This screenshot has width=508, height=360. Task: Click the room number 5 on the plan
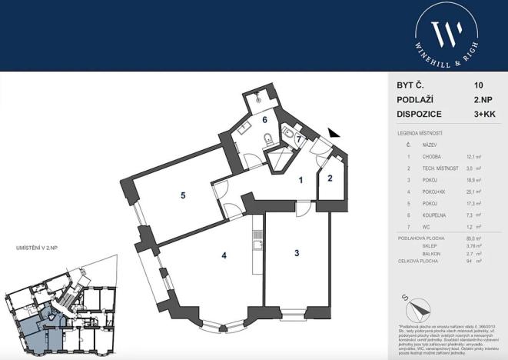(183, 195)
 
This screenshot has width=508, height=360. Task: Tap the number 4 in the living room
(223, 255)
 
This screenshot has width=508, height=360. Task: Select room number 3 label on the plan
(295, 252)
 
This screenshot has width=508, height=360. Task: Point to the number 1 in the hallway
(301, 180)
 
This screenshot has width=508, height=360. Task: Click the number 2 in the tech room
(329, 179)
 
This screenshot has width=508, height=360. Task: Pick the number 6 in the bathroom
(264, 119)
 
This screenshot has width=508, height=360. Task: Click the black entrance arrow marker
(332, 134)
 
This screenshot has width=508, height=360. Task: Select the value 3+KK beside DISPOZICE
(484, 114)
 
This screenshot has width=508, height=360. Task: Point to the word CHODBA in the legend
(431, 156)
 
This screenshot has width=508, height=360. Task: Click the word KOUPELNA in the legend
(434, 216)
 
